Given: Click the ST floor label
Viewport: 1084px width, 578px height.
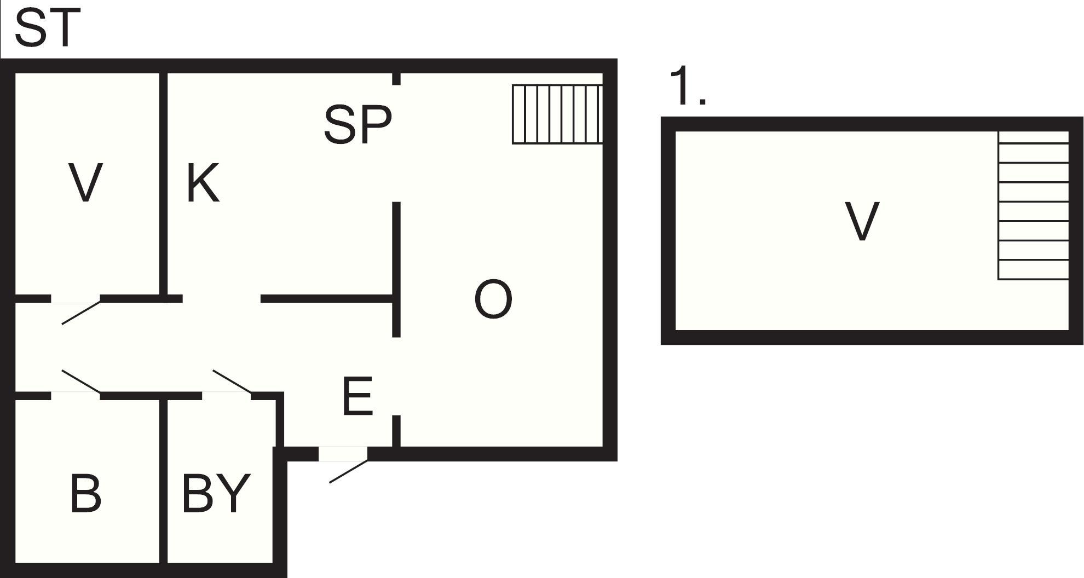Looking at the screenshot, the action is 48,27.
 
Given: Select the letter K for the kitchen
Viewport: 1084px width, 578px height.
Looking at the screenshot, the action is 203,183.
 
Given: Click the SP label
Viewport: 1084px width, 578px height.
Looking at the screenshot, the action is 358,125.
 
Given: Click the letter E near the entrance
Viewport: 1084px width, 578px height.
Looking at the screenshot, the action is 358,395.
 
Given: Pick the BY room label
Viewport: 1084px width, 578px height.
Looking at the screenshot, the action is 216,493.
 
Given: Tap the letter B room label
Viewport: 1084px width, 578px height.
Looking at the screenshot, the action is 86,493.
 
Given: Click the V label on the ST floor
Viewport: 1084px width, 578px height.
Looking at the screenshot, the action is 85,183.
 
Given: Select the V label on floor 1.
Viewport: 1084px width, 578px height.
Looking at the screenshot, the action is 862,221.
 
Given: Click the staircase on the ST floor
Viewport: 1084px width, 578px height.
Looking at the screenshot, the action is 557,114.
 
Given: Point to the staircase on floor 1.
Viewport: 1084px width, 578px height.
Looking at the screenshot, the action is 1034,205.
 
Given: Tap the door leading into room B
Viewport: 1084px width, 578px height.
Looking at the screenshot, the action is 81,382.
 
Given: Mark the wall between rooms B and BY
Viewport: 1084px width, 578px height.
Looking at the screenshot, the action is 163,481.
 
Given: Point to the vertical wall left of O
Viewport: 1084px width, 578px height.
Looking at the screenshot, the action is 397,269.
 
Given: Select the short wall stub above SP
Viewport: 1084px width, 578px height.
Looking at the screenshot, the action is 397,79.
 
